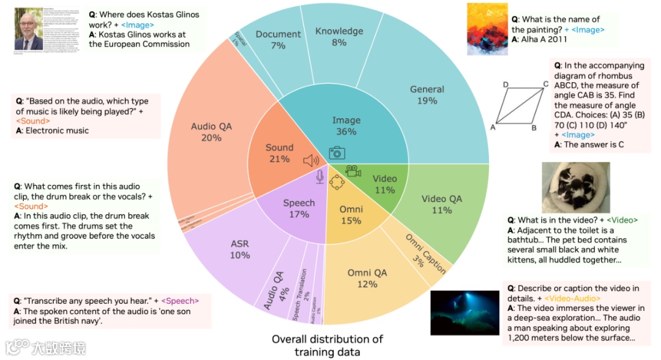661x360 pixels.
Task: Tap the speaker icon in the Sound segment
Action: coord(312,161)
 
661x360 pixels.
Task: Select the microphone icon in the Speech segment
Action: coord(319,177)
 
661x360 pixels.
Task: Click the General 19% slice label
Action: coord(427,95)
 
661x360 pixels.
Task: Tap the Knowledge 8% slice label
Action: coord(338,36)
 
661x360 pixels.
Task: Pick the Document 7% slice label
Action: coord(278,40)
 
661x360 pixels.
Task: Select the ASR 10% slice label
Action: coord(240,249)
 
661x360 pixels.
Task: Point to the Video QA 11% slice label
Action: coord(442,204)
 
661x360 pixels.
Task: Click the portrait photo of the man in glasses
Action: coord(29,29)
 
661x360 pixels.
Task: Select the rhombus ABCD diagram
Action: coord(517,105)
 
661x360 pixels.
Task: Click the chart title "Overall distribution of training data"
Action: coord(327,345)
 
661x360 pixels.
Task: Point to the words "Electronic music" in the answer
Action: coord(57,130)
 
